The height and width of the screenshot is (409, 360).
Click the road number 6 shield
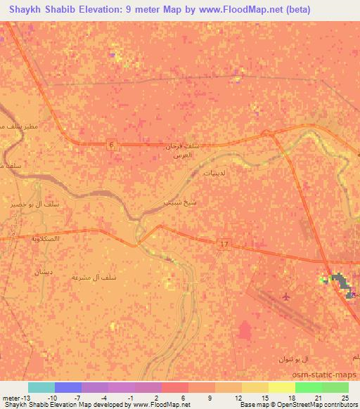click(x=110, y=144)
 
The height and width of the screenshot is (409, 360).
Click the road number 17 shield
click(x=224, y=244)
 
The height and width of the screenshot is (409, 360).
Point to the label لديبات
click(x=213, y=171)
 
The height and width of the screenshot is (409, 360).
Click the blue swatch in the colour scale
click(x=67, y=387)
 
